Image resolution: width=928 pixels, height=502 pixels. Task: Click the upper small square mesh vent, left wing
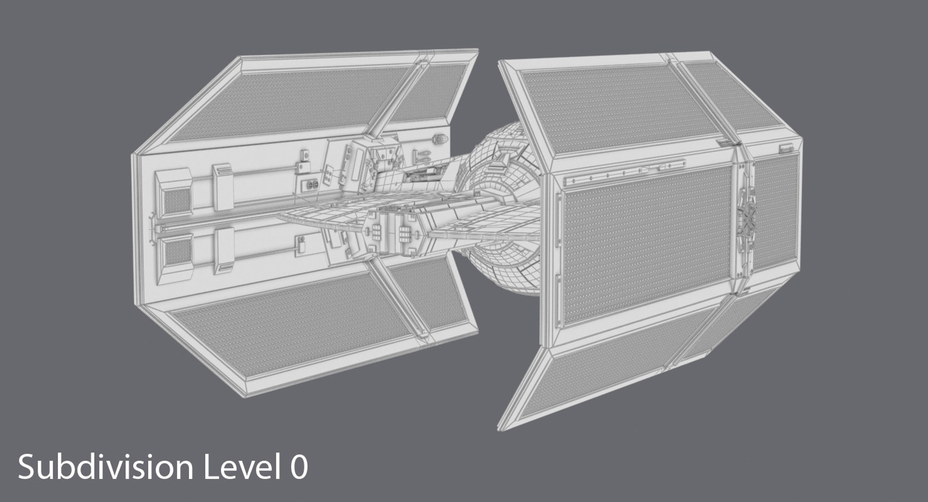(177, 198)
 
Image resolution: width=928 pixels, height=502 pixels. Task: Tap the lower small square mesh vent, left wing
(177, 251)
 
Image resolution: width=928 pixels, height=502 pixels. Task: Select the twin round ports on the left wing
(310, 184)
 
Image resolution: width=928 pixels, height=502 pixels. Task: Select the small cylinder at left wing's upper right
(440, 139)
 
